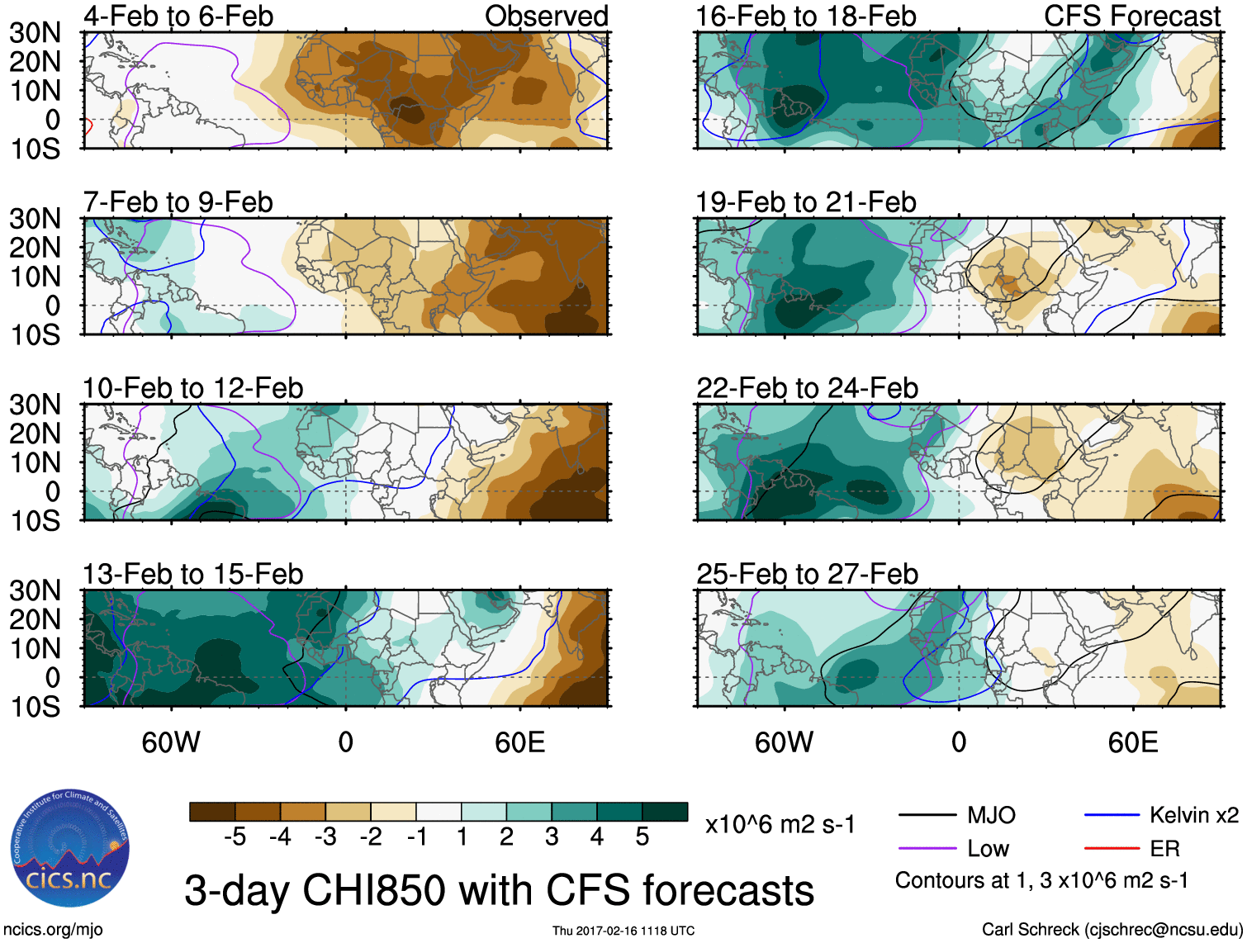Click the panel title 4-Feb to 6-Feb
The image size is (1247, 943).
coord(178,17)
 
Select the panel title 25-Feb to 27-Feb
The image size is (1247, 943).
coord(807,574)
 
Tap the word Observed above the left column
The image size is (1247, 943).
coord(546,17)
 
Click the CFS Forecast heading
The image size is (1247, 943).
coord(1131,17)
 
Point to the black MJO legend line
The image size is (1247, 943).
coord(927,816)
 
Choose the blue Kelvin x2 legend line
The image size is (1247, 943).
coord(1112,816)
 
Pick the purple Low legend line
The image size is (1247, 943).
coord(927,848)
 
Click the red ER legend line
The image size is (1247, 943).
coord(1112,848)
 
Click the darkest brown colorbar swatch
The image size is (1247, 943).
coord(212,812)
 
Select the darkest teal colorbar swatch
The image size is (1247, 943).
coord(665,812)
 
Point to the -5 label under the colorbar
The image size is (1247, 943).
coord(235,837)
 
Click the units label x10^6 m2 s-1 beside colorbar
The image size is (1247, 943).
coord(780,824)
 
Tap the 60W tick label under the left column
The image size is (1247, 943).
coord(171,742)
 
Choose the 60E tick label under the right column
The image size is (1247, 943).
coord(1132,742)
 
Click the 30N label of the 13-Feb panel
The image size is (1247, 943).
coord(35,590)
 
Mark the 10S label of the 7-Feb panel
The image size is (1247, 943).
coord(35,334)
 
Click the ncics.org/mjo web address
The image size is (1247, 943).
coord(53,930)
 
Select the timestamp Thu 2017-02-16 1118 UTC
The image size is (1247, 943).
coord(623,931)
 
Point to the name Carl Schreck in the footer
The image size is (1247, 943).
coord(1030,930)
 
